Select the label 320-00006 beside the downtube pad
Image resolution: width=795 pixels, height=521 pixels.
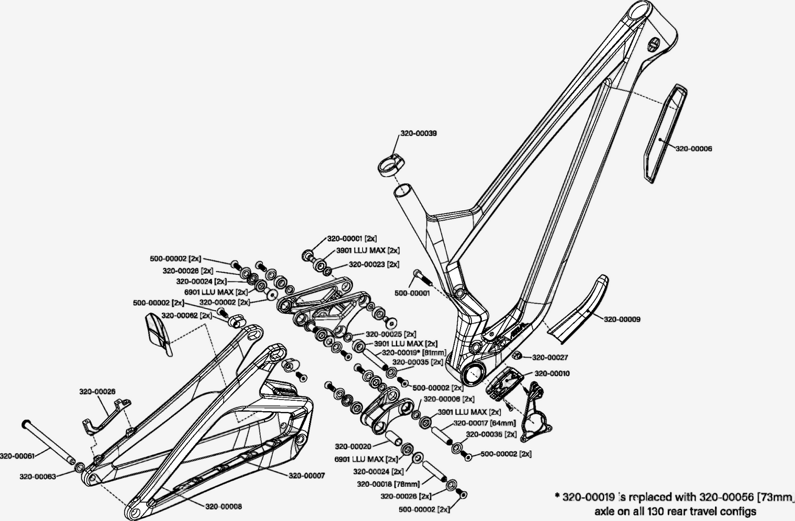(694, 149)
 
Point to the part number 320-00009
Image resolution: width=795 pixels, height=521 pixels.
(622, 319)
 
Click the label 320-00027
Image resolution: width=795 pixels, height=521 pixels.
(550, 357)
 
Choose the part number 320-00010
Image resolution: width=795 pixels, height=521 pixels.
(552, 373)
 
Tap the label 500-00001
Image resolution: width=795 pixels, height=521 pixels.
(412, 293)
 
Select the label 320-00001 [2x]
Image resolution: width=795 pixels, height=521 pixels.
(351, 239)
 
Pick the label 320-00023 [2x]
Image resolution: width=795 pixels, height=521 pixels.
(374, 264)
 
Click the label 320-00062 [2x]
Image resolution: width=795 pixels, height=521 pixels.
(186, 316)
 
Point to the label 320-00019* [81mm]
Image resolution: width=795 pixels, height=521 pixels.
(407, 352)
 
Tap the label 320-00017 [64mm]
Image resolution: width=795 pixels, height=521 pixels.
(484, 423)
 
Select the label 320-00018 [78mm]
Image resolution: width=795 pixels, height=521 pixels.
(388, 484)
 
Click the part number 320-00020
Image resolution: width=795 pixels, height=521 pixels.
(353, 446)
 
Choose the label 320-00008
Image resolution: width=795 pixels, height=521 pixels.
(224, 507)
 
